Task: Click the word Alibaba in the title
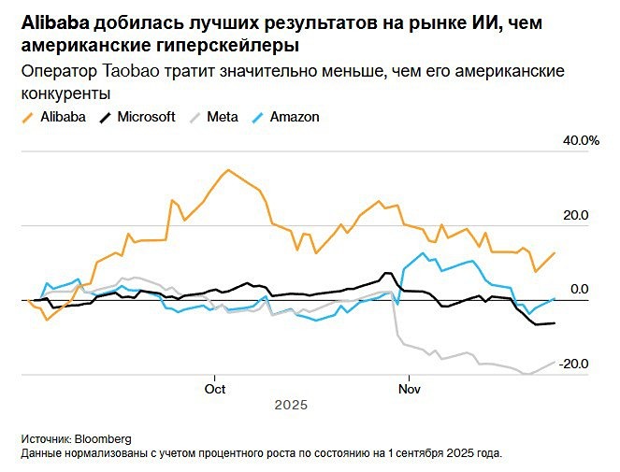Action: click(x=52, y=23)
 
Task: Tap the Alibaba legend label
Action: click(x=64, y=117)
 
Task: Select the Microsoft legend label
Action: click(x=144, y=117)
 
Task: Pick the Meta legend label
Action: click(x=223, y=117)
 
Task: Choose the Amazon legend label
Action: click(x=295, y=117)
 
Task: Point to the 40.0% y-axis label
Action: click(x=579, y=141)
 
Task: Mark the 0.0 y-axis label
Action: click(x=580, y=290)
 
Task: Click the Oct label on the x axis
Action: click(x=215, y=388)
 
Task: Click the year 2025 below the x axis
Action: click(x=291, y=406)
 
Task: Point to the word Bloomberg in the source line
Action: click(x=103, y=438)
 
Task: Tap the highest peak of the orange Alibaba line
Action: click(x=227, y=170)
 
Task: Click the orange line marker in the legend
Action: click(x=26, y=117)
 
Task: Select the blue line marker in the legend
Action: click(x=257, y=117)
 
